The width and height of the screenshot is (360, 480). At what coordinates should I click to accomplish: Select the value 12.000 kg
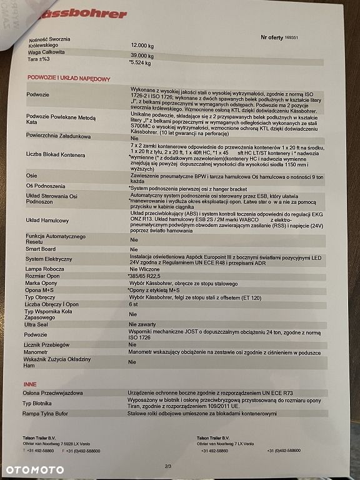[142, 46]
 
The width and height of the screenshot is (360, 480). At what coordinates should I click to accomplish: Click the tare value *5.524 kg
[140, 62]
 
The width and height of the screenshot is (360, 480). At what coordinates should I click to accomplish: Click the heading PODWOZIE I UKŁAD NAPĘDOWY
[69, 78]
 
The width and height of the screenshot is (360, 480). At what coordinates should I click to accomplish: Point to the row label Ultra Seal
[37, 324]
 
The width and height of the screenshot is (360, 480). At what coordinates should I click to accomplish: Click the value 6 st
[134, 304]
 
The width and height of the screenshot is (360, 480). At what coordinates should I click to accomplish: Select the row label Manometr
[38, 352]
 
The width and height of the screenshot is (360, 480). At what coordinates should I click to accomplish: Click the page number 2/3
[168, 465]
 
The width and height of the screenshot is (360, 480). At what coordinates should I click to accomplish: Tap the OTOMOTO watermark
[34, 469]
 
